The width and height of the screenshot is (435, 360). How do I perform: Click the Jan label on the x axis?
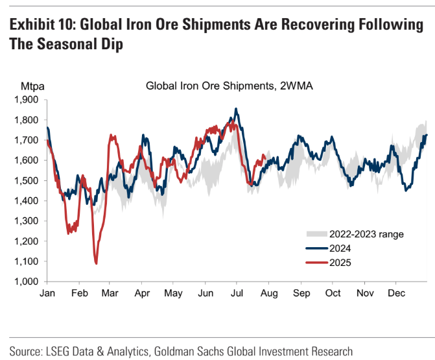pyautogui.click(x=47, y=293)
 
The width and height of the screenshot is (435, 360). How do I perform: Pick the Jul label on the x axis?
pyautogui.click(x=238, y=293)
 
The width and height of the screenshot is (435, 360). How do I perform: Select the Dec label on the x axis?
pyautogui.click(x=396, y=293)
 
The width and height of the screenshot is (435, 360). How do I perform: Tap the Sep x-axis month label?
pyautogui.click(x=301, y=293)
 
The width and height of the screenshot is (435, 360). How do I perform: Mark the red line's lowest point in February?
pyautogui.click(x=96, y=263)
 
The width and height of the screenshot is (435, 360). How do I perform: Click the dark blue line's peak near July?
pyautogui.click(x=236, y=108)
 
